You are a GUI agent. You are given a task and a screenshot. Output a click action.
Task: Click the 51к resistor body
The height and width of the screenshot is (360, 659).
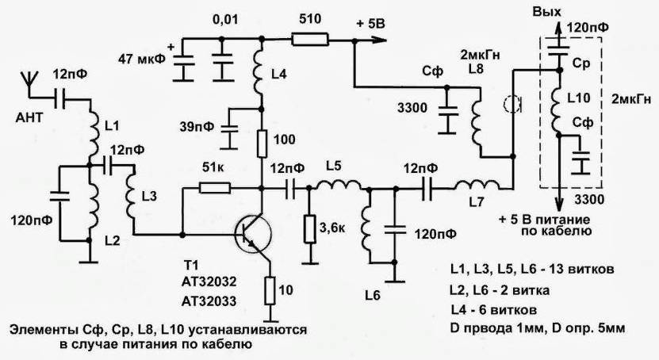click(213, 188)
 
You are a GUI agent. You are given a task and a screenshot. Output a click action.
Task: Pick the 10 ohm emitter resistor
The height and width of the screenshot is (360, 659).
click(270, 289)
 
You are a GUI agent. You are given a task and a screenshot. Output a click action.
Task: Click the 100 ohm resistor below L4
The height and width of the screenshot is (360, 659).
click(262, 146)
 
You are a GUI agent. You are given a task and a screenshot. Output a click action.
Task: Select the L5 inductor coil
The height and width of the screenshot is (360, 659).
click(335, 186)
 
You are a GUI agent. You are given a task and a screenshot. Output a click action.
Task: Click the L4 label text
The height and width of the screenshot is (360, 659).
click(280, 75)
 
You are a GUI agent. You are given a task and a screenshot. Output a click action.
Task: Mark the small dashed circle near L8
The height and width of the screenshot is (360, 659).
click(512, 105)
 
